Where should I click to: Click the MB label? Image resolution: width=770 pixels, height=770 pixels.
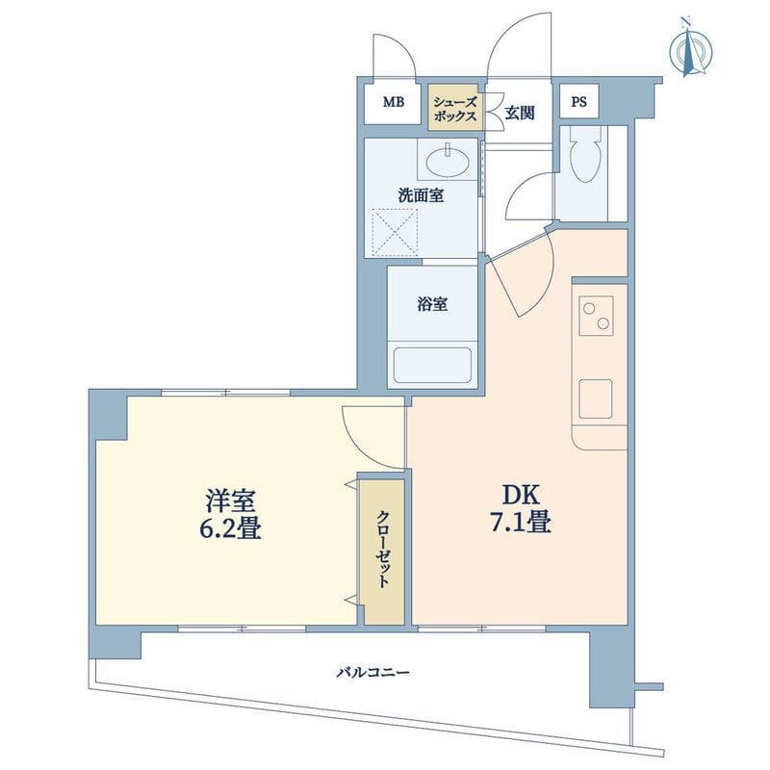click(394, 102)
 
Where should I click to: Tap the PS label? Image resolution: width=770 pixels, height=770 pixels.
click(579, 102)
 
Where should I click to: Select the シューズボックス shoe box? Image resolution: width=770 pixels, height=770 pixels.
click(455, 108)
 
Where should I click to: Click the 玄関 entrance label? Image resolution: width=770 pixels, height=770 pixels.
click(520, 113)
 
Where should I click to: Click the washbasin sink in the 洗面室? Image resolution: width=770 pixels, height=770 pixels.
click(448, 161)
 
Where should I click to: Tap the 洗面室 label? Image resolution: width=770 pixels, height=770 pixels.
click(421, 195)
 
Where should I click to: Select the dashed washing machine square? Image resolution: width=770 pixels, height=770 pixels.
click(395, 232)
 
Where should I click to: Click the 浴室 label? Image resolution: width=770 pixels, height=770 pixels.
click(432, 304)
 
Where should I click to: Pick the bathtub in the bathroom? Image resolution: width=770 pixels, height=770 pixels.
click(432, 366)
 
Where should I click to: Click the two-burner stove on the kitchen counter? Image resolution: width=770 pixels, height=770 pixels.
click(596, 316)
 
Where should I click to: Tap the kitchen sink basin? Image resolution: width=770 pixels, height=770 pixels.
click(595, 398)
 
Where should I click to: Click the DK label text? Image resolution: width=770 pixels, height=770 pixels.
click(521, 496)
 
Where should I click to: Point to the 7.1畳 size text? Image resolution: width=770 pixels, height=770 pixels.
click(520, 523)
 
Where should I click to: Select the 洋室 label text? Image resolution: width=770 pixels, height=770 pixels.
click(230, 500)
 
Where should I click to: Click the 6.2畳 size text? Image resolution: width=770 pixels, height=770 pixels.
click(230, 528)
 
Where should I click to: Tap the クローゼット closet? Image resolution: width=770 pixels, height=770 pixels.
click(383, 552)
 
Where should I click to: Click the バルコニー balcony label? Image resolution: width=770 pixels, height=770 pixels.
click(372, 672)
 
